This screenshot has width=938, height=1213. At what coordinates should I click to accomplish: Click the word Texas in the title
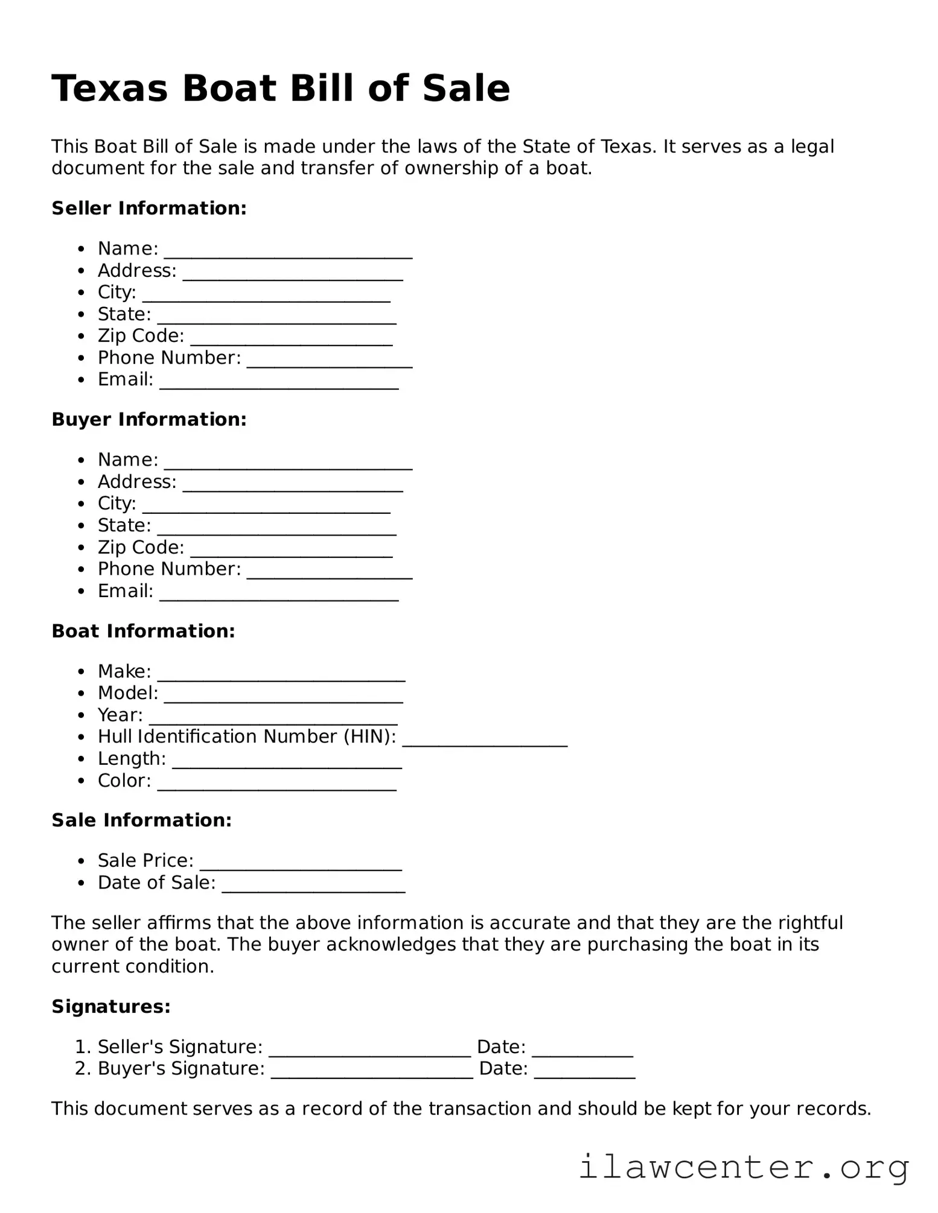pos(109,89)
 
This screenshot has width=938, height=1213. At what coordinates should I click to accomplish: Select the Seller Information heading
pos(149,208)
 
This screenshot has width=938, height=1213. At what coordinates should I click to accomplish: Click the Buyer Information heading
pos(149,419)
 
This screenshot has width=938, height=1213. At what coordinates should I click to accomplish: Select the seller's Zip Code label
pos(141,336)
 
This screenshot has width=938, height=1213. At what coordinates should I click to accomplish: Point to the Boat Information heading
pos(143,631)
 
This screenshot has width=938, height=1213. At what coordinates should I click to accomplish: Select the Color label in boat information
pos(124,781)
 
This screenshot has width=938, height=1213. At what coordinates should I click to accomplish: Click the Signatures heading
pos(111,1006)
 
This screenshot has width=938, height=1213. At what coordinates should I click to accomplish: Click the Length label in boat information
pos(132,759)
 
